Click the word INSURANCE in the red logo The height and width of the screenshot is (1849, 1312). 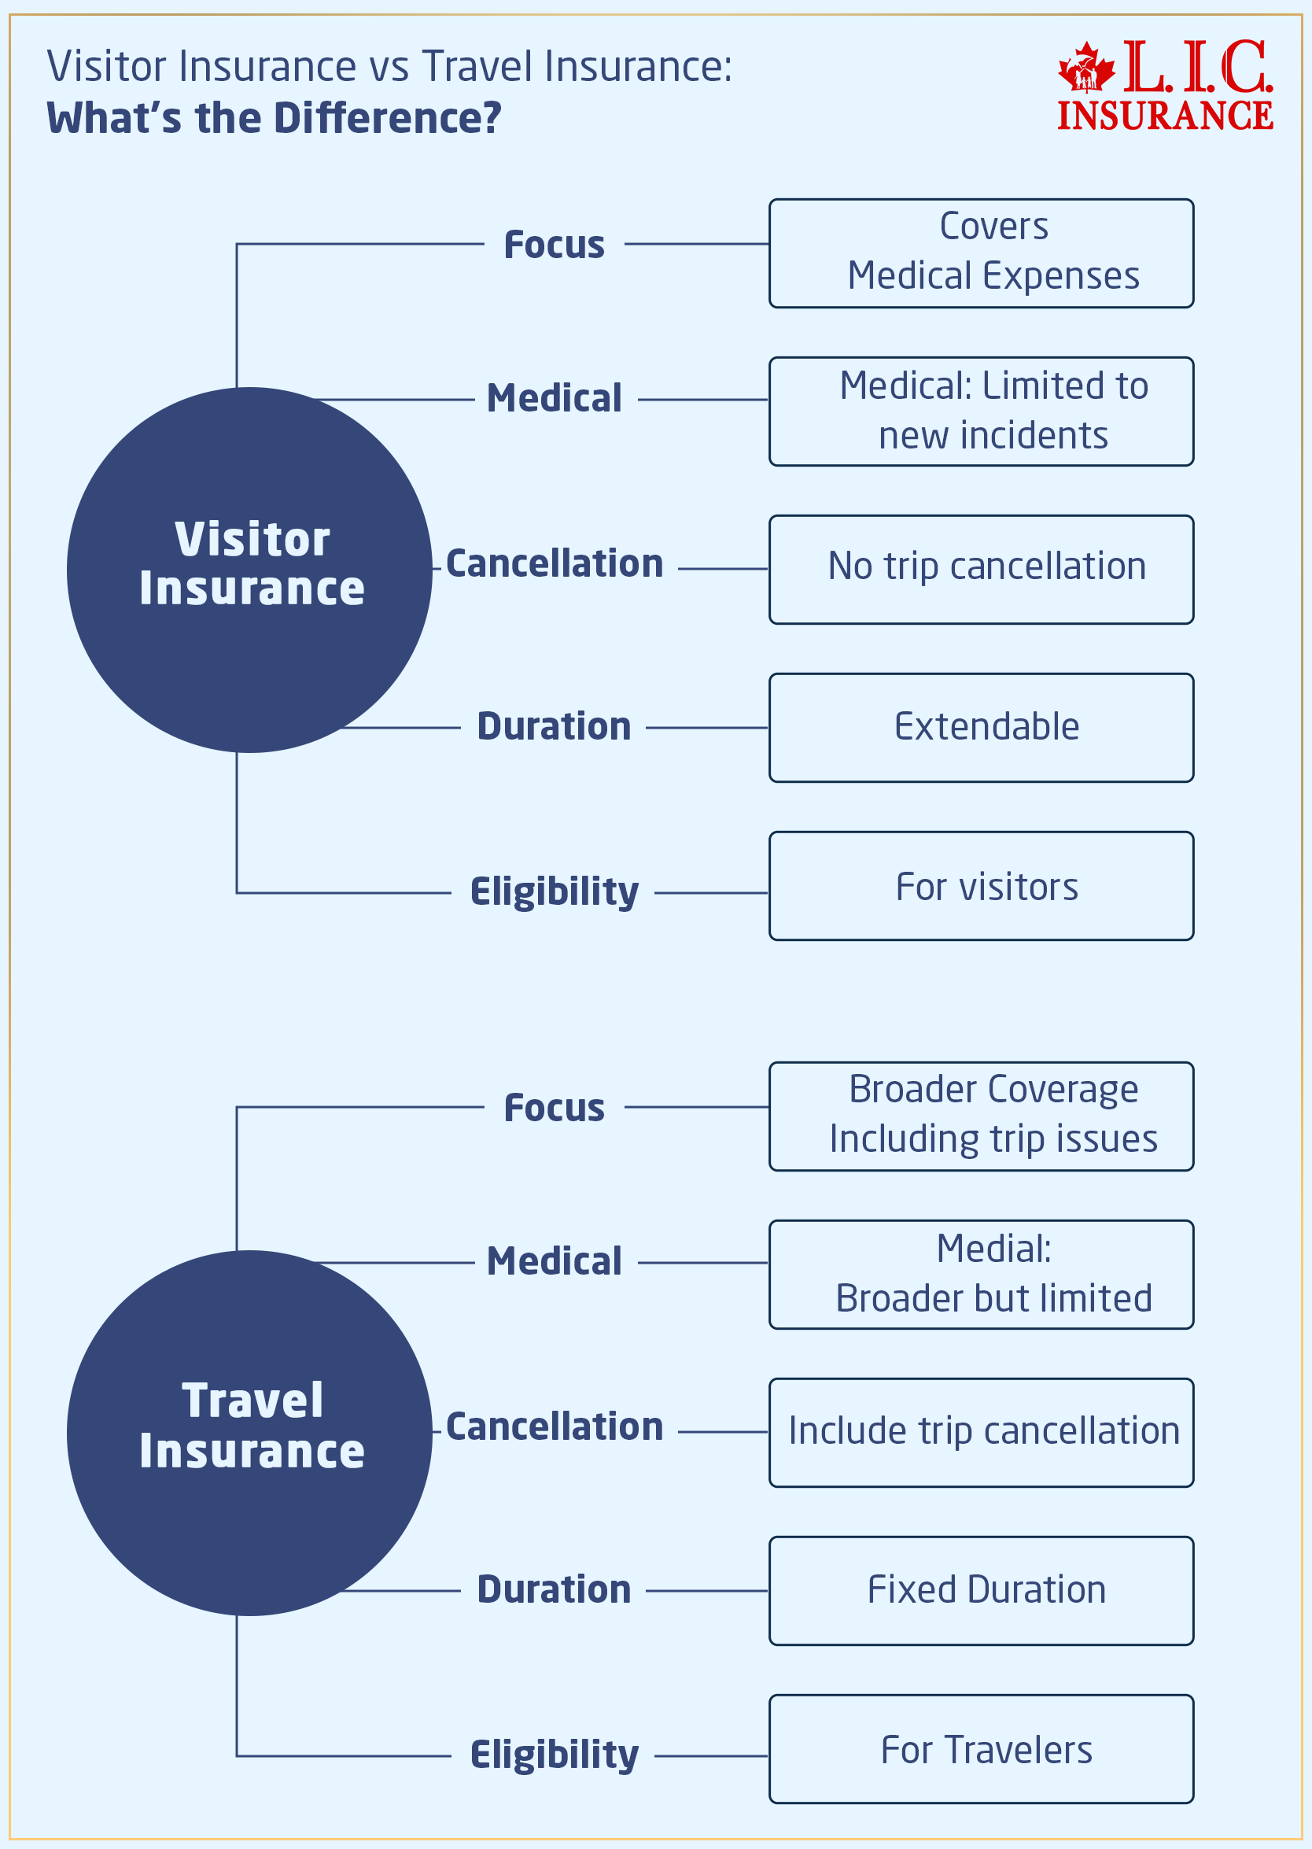click(1165, 115)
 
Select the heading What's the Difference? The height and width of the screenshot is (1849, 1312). click(274, 118)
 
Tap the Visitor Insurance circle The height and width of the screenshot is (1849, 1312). click(249, 569)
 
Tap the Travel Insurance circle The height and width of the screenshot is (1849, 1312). click(249, 1432)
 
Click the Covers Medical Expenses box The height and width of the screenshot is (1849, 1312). click(981, 253)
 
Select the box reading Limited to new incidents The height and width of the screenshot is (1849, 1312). click(981, 411)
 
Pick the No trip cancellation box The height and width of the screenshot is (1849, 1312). click(981, 569)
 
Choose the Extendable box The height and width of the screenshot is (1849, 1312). click(981, 727)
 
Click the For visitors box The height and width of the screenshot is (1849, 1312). click(981, 886)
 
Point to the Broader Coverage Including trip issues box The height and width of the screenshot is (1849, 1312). click(981, 1116)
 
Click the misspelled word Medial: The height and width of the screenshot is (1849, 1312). click(993, 1249)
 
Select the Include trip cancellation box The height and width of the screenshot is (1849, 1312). click(981, 1432)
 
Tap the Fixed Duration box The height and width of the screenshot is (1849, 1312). click(981, 1590)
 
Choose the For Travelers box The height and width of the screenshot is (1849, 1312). click(981, 1749)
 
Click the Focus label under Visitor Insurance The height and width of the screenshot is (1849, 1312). click(555, 245)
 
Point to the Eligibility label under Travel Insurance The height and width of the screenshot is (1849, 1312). click(555, 1755)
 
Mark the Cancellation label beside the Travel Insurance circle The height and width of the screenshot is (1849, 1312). click(555, 1427)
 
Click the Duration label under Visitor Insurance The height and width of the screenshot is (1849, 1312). click(555, 726)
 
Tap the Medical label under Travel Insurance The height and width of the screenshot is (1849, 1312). click(555, 1261)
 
